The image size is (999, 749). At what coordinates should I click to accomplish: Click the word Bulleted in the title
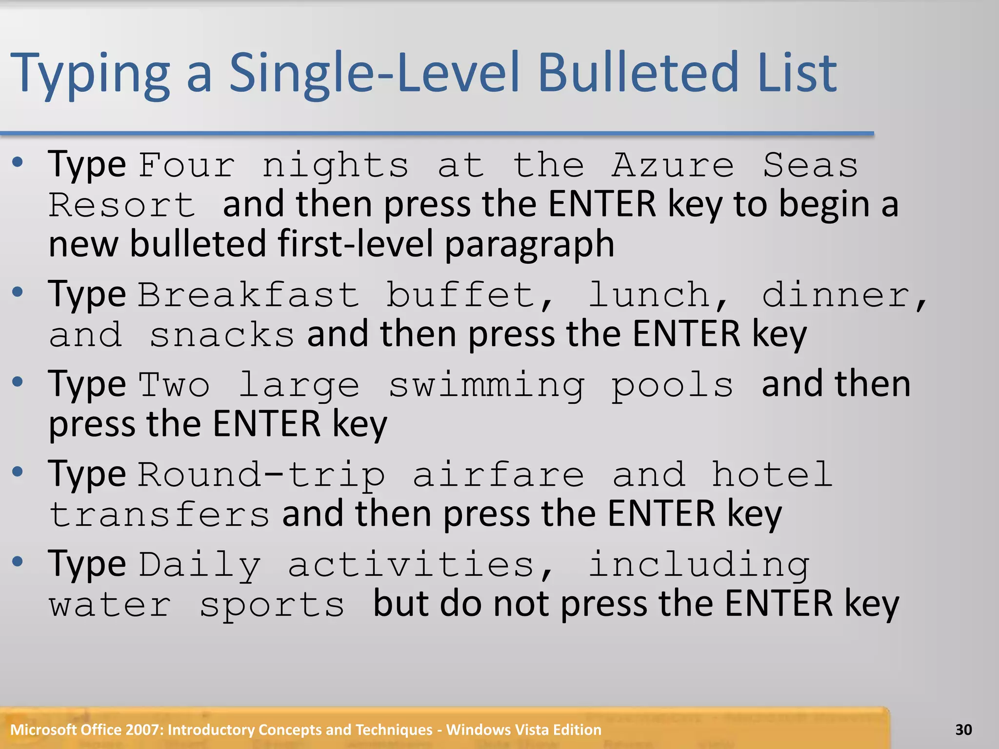pyautogui.click(x=639, y=73)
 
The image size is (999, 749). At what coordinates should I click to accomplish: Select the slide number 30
pyautogui.click(x=963, y=729)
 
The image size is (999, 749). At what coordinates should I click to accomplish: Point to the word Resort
pyautogui.click(x=122, y=205)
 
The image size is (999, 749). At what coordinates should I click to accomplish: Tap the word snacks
pyautogui.click(x=222, y=335)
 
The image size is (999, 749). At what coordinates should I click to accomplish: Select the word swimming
pyautogui.click(x=486, y=385)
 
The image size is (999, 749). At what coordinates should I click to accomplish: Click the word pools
pyautogui.click(x=673, y=385)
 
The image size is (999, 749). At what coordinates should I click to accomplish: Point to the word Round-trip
pyautogui.click(x=261, y=474)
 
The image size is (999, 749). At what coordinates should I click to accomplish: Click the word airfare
pyautogui.click(x=498, y=474)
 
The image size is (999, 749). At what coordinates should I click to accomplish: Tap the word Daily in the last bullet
pyautogui.click(x=200, y=565)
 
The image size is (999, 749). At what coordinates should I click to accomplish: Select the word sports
pyautogui.click(x=272, y=605)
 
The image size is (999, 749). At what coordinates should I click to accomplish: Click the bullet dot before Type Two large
pyautogui.click(x=18, y=382)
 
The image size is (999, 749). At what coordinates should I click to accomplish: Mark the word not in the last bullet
pyautogui.click(x=522, y=604)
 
